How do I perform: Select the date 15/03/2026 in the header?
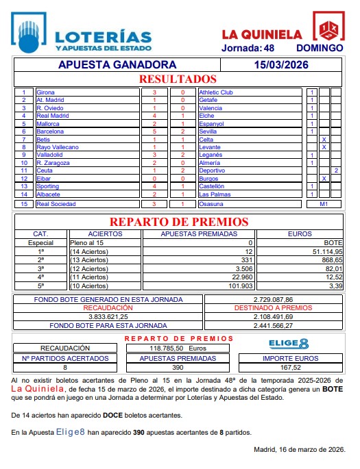click(280, 65)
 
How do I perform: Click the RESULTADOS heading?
click(178, 79)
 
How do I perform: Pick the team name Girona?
click(46, 92)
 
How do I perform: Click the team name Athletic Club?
click(216, 92)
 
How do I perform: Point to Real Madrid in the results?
click(51, 116)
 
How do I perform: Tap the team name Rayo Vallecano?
click(58, 147)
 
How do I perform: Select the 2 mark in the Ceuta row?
click(336, 170)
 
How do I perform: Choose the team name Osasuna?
click(211, 204)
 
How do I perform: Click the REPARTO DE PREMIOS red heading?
click(179, 222)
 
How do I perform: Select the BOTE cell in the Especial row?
click(332, 243)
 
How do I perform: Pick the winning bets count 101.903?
click(239, 286)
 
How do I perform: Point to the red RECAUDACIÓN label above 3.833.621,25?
click(108, 309)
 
